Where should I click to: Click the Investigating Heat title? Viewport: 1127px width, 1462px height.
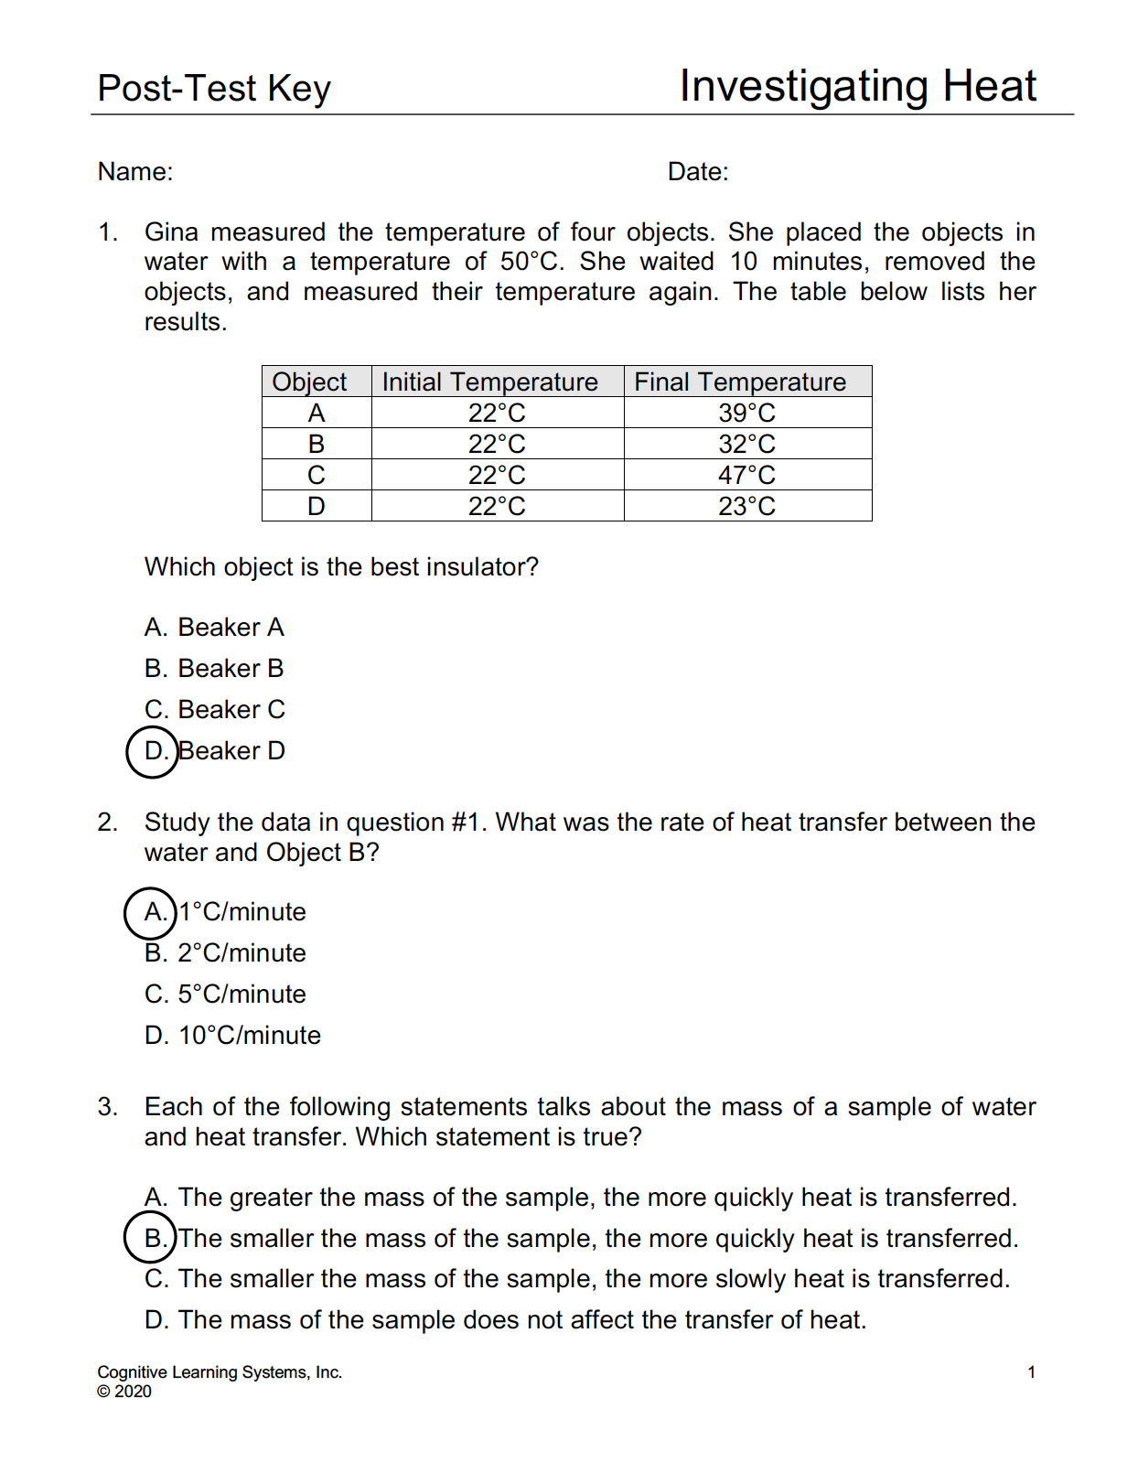[857, 87]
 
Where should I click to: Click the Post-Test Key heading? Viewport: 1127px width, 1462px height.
[214, 89]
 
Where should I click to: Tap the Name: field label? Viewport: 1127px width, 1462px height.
[135, 172]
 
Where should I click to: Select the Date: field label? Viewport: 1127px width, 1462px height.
[698, 172]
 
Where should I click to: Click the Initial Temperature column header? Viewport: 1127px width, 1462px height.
[489, 382]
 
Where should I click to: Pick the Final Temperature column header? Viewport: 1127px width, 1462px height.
[740, 382]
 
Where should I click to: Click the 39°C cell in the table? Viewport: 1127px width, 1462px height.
[746, 413]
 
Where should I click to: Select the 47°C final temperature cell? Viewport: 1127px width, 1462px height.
[746, 475]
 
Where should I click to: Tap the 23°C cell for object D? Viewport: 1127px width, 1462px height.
[746, 506]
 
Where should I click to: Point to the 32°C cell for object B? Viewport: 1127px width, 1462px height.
[746, 444]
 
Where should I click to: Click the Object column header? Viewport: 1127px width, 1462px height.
[309, 382]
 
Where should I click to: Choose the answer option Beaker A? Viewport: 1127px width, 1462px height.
[214, 628]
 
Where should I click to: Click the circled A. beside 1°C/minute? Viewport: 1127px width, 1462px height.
[151, 912]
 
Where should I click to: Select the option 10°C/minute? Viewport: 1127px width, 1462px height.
[232, 1036]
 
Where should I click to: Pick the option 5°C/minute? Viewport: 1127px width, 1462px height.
[225, 994]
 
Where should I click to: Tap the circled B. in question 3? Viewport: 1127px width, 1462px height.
[151, 1238]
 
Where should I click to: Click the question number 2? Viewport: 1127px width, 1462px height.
[107, 822]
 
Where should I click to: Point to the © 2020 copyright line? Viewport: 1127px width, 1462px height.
[124, 1392]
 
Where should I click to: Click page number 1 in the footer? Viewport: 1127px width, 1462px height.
[1031, 1372]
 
